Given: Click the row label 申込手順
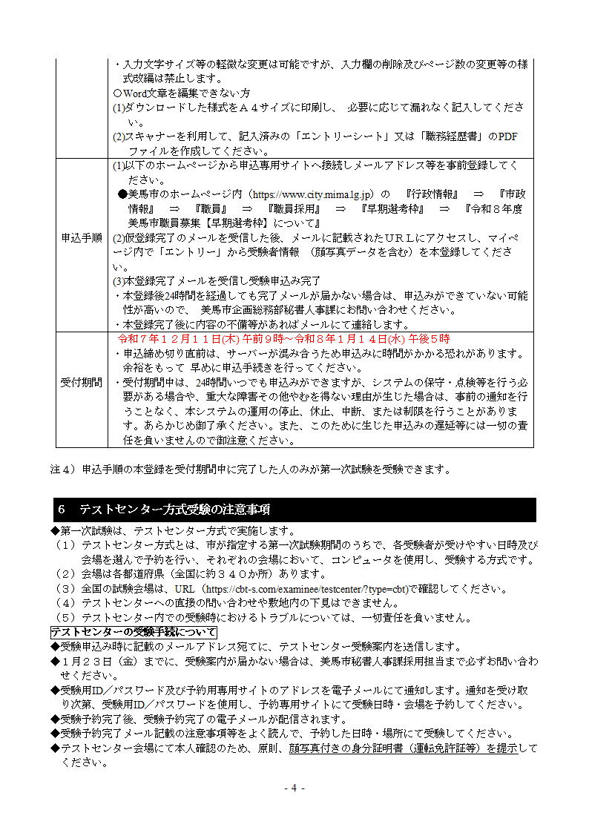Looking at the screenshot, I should [x=81, y=239].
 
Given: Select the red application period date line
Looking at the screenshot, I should [x=284, y=338].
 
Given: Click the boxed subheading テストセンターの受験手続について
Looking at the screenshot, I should [x=134, y=632].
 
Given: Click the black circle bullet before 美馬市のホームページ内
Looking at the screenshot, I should [x=123, y=194].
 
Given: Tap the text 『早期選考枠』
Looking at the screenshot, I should [x=392, y=209].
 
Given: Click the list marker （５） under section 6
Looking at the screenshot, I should [x=65, y=617].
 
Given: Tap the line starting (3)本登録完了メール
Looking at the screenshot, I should [x=216, y=281].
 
